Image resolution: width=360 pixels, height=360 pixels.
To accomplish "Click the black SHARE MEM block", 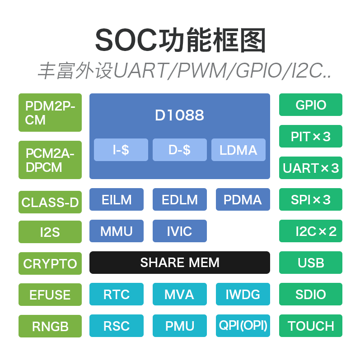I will [179, 263].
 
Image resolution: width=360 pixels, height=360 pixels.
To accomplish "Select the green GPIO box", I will [311, 105].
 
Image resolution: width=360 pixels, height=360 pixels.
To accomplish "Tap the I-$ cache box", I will [121, 150].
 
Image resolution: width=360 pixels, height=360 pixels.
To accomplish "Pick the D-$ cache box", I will [179, 150].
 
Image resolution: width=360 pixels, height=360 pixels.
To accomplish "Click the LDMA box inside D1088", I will [238, 150].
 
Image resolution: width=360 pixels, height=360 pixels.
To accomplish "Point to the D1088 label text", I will [179, 115].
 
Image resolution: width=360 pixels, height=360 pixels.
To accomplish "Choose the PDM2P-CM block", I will [50, 113].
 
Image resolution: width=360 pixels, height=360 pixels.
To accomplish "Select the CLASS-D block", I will [50, 202].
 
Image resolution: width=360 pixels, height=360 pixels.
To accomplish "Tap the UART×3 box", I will [311, 168].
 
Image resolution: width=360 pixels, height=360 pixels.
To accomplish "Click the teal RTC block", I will [116, 294].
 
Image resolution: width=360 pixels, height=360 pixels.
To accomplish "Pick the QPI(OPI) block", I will [243, 325].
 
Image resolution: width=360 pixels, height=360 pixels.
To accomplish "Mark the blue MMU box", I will [116, 231].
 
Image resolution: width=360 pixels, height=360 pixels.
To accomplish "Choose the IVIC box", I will [179, 231].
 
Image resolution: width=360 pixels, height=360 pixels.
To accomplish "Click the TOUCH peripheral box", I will [311, 326].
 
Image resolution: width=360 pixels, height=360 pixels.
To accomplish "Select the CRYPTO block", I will [50, 263].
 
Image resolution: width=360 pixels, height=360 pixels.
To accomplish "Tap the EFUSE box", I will [50, 295].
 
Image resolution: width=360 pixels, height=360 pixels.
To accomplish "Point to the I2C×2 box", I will [311, 231].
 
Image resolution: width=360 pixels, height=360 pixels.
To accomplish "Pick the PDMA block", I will [243, 199].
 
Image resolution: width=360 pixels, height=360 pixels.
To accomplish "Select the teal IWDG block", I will [243, 294].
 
